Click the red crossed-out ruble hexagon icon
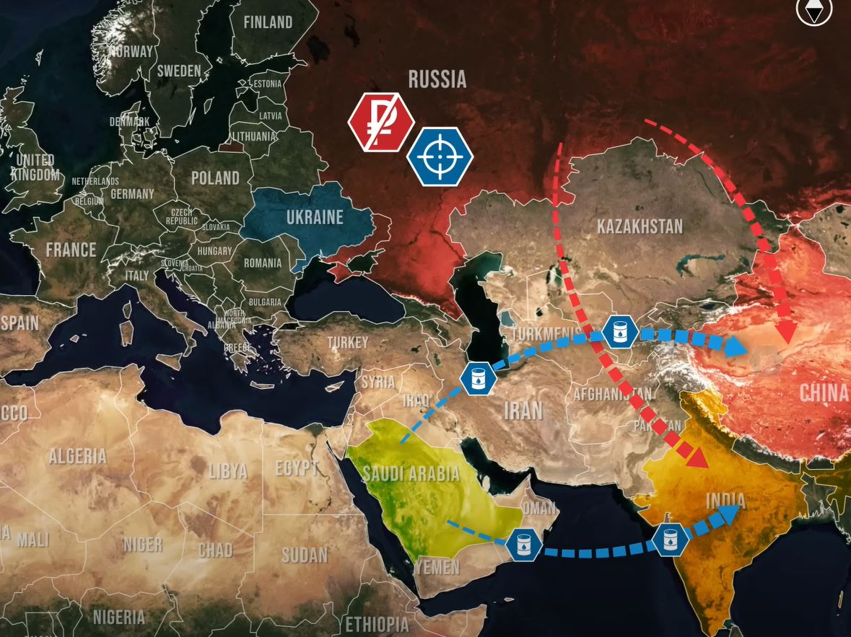pos(381,123)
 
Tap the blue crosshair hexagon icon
pos(440,157)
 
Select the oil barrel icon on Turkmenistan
pos(619,332)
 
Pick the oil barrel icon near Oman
pos(524,544)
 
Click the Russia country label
pos(437,79)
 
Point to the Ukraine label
pos(315,216)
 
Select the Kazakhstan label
pos(639,227)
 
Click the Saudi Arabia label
pos(411,474)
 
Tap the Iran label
pos(523,410)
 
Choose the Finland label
pos(268,22)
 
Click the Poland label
pos(215,177)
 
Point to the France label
pos(71,250)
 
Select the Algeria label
pos(77,456)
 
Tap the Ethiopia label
pos(377,624)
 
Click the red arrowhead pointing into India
pos(697,458)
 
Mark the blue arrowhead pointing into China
pos(736,346)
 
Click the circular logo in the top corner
pos(814,11)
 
